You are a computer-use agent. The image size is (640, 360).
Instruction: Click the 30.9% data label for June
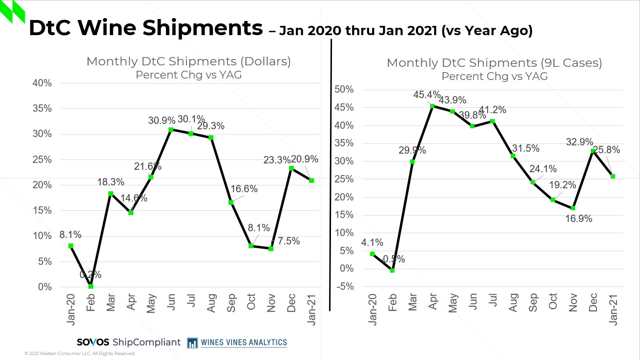click(x=161, y=120)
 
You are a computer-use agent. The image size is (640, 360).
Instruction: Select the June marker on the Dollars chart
click(x=171, y=130)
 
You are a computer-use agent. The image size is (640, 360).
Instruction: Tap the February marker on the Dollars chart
click(x=91, y=286)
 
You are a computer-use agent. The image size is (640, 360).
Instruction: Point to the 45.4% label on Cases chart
click(x=427, y=95)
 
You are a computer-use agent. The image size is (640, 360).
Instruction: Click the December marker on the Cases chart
click(x=593, y=151)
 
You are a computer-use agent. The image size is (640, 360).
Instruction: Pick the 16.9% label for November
click(x=578, y=219)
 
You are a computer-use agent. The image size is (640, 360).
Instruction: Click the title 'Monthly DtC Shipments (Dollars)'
click(x=188, y=61)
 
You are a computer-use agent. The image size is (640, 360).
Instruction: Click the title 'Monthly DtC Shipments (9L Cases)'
click(x=494, y=63)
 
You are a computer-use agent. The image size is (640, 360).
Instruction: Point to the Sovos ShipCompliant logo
click(x=128, y=342)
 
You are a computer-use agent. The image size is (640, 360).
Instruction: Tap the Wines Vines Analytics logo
click(x=237, y=342)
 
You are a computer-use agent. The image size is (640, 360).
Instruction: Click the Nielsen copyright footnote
click(x=80, y=354)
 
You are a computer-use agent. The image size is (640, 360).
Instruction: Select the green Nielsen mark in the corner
click(x=12, y=12)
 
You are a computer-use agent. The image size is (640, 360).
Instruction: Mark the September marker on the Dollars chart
click(x=231, y=202)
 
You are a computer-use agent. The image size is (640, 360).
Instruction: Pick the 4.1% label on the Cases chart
click(x=372, y=242)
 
